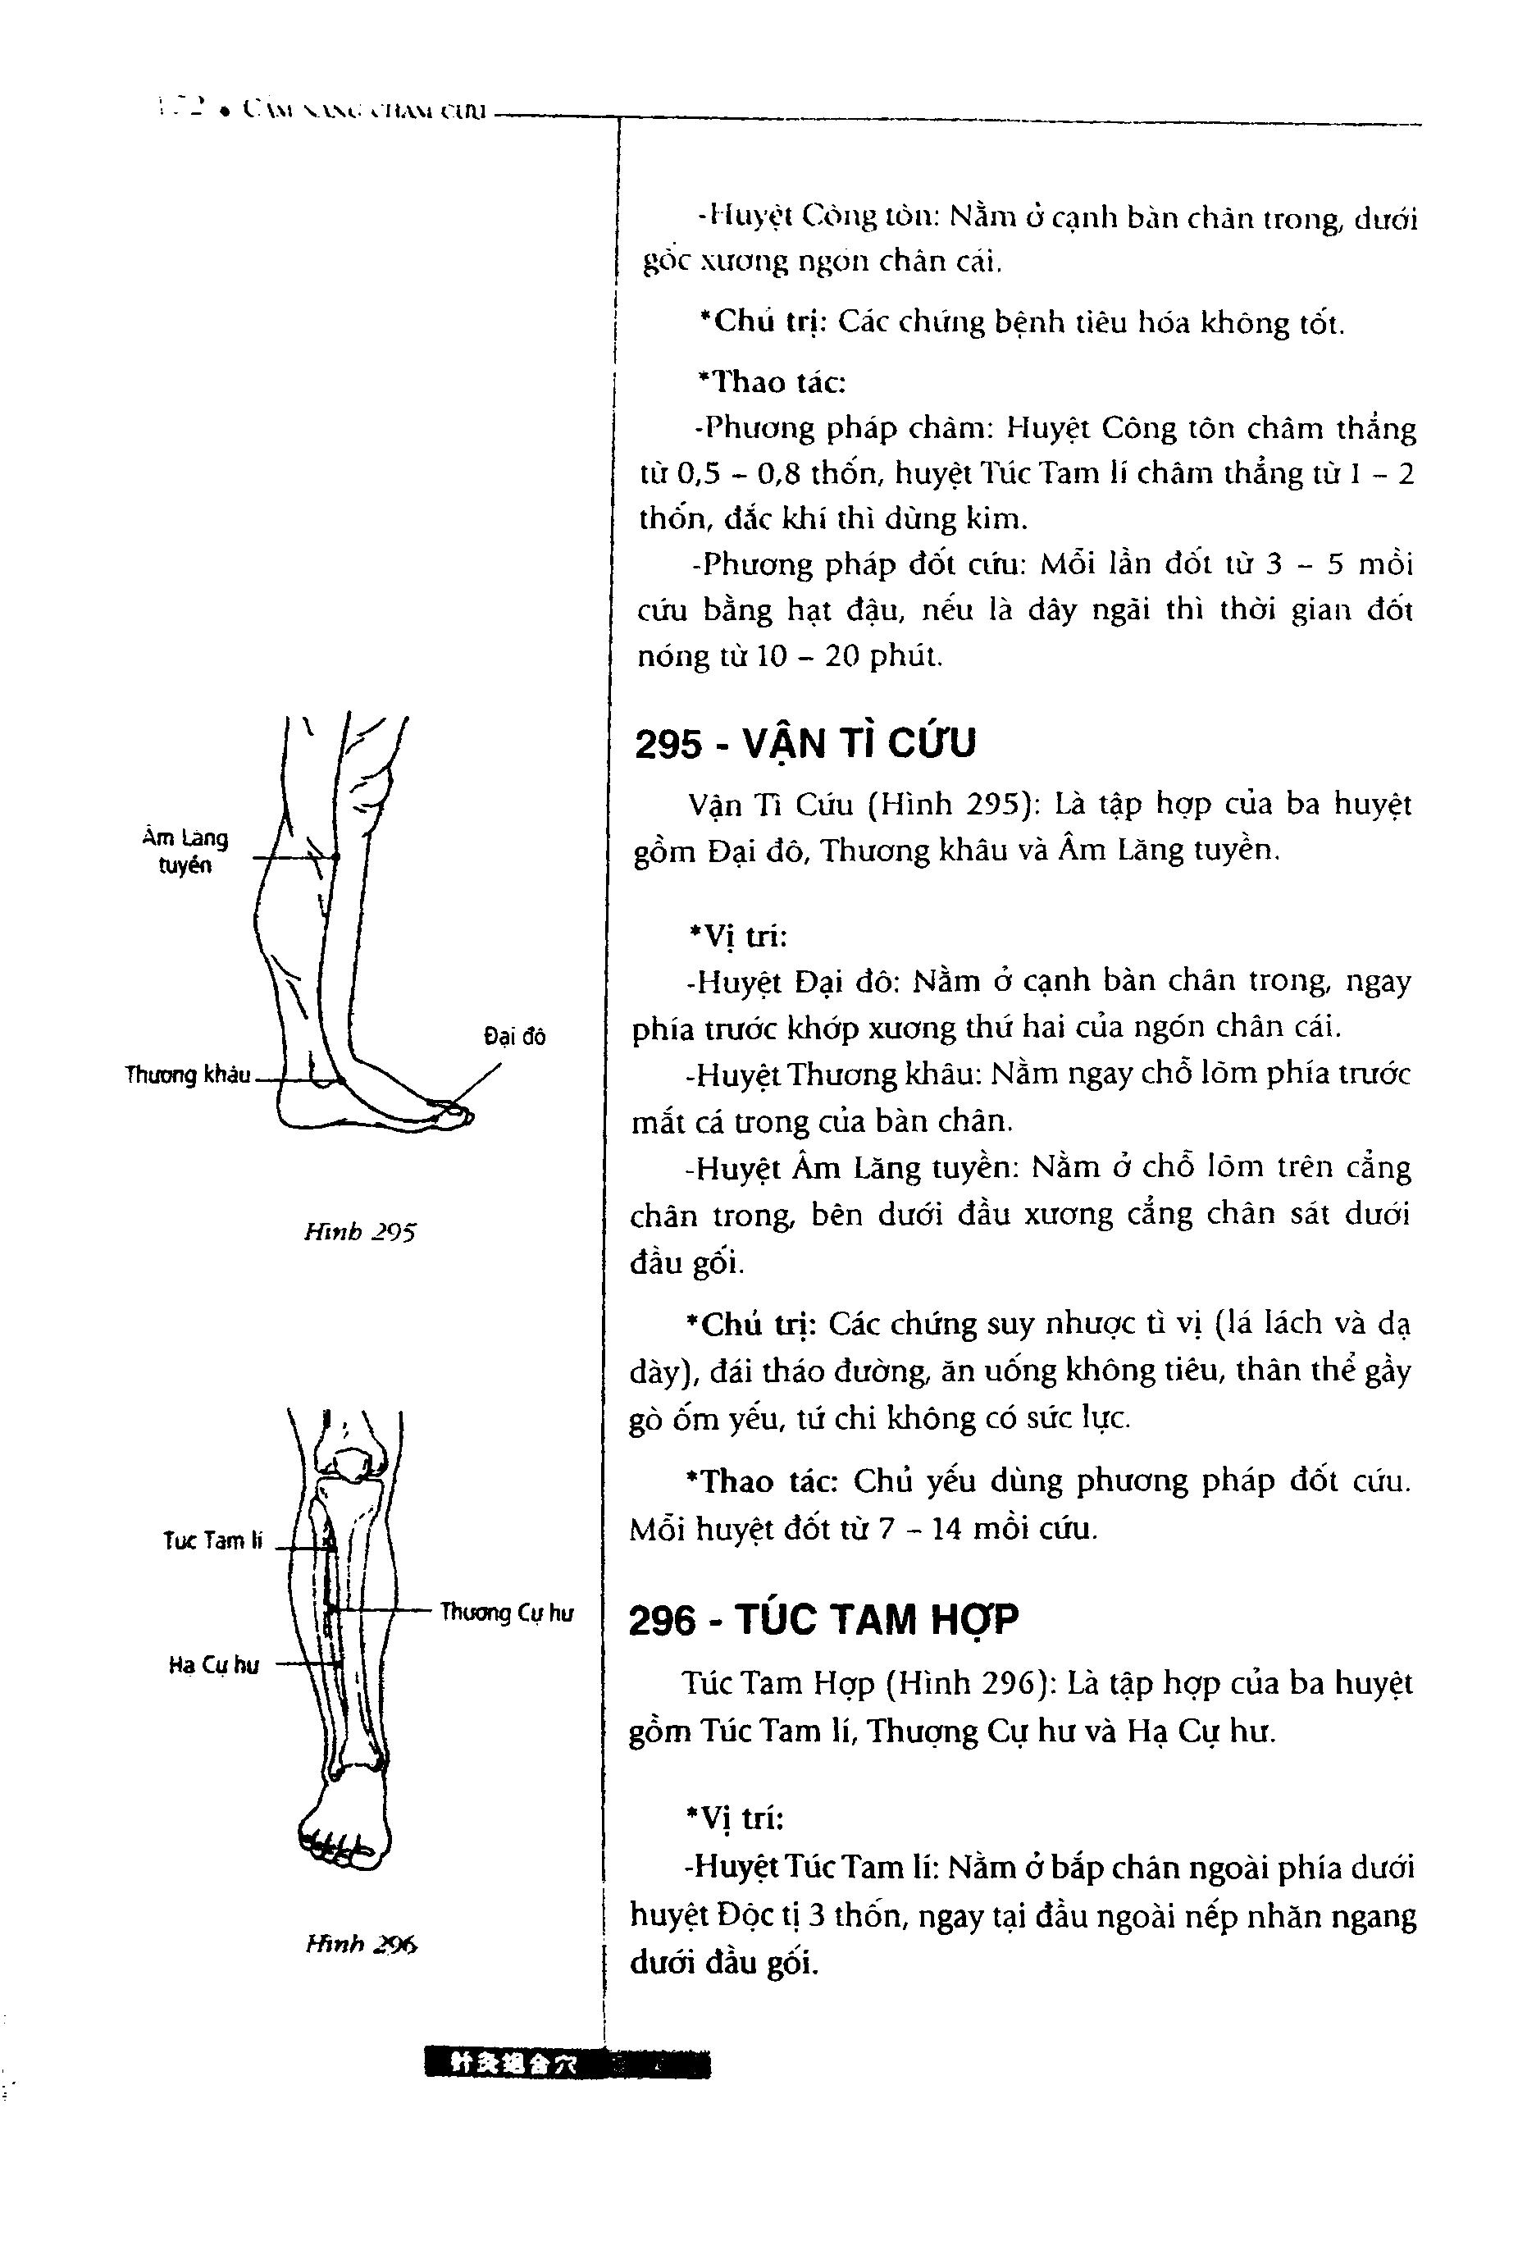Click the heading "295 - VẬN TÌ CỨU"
click(805, 744)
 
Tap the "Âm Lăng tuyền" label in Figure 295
click(185, 851)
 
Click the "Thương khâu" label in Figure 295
click(189, 1075)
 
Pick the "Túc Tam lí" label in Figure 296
click(212, 1540)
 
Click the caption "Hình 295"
click(359, 1232)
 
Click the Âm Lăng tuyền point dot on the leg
click(336, 857)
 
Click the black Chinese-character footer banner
click(566, 2065)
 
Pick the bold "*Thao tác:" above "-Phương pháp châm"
click(771, 382)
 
